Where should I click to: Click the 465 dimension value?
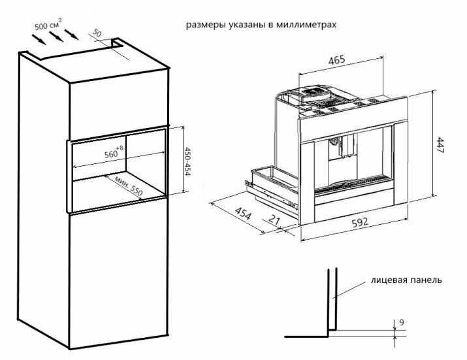[x=336, y=59]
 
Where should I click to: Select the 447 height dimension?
[x=440, y=145]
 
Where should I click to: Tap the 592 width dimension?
[x=360, y=222]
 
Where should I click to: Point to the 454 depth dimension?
[x=243, y=213]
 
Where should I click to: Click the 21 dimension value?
[x=274, y=220]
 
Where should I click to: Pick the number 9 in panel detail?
[x=402, y=322]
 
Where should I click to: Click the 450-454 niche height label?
[x=187, y=161]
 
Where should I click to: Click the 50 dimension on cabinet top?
[x=97, y=33]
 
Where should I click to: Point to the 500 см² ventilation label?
[x=48, y=24]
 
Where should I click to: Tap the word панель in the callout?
[x=427, y=280]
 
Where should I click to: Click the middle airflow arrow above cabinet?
[x=56, y=37]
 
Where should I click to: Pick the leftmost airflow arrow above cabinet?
[x=39, y=39]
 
